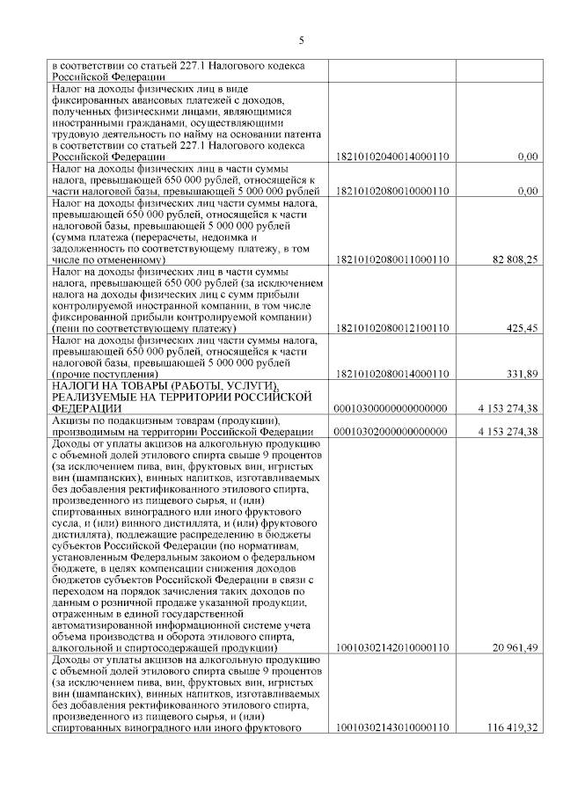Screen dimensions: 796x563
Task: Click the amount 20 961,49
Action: click(515, 648)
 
